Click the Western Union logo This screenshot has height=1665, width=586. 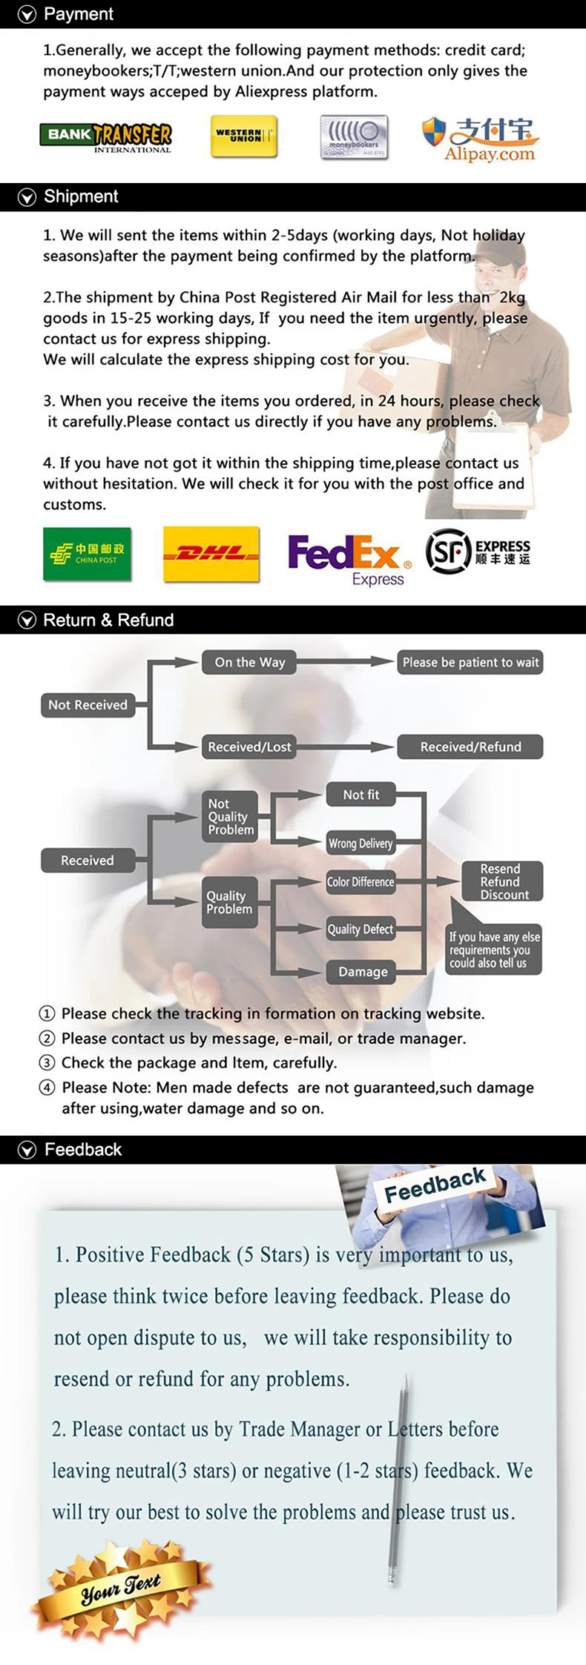tap(243, 136)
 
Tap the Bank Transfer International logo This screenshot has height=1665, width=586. tap(105, 136)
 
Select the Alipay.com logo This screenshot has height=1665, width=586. tap(481, 139)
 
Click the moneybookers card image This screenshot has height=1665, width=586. tap(354, 137)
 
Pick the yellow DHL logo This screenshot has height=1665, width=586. tap(211, 554)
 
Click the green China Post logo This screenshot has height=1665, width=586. tap(87, 553)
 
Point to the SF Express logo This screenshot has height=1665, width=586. tap(478, 552)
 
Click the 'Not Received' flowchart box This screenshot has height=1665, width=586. tap(88, 705)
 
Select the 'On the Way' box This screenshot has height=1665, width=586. tap(249, 662)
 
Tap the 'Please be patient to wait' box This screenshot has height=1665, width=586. tap(470, 662)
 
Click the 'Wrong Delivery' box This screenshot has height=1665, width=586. tap(361, 843)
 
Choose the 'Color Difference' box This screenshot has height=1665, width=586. tap(361, 881)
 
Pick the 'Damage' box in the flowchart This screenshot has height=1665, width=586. tap(363, 971)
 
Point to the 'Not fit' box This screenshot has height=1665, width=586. tap(361, 795)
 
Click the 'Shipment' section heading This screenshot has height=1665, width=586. tap(81, 196)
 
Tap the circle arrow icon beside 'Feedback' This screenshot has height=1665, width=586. tap(27, 1150)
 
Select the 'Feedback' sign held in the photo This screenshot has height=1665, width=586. tap(435, 1185)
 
